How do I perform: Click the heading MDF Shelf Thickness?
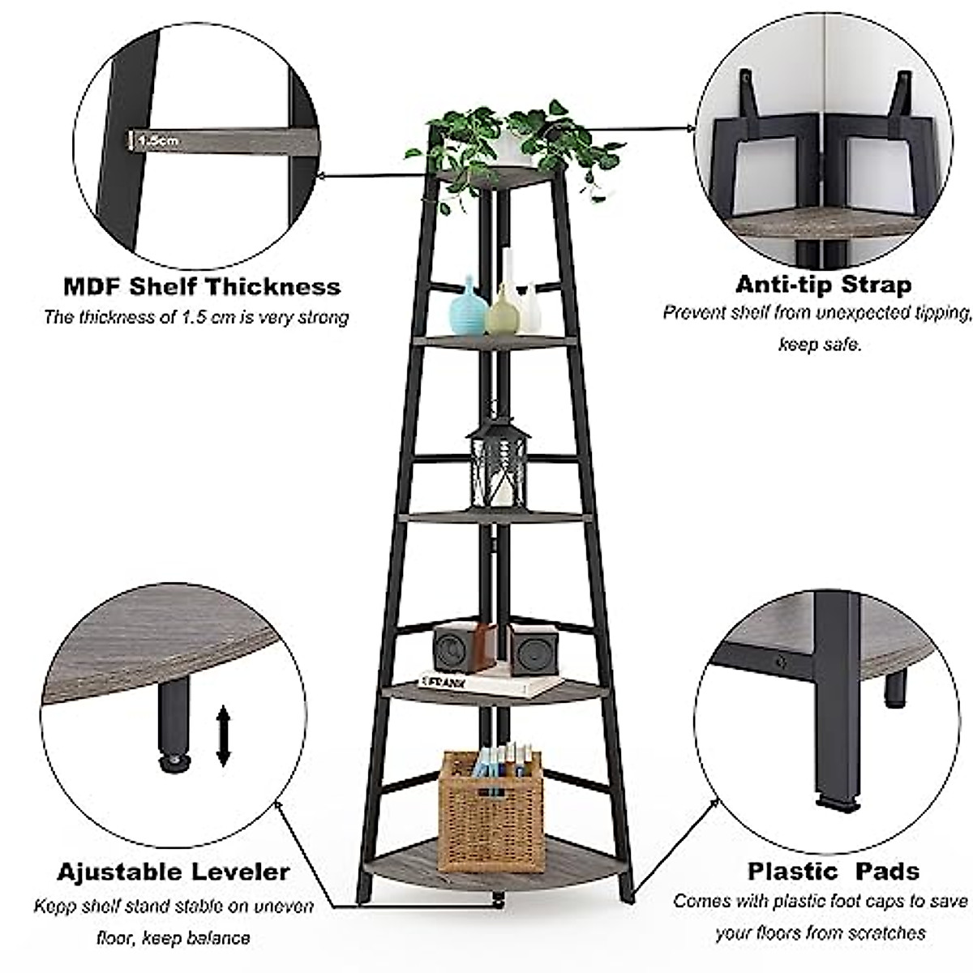[202, 286]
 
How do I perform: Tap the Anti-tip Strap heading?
[823, 285]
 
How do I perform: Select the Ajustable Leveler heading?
[173, 872]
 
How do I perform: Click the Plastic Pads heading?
[833, 872]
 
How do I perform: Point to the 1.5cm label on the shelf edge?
[158, 140]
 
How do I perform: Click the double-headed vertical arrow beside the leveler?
[224, 735]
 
